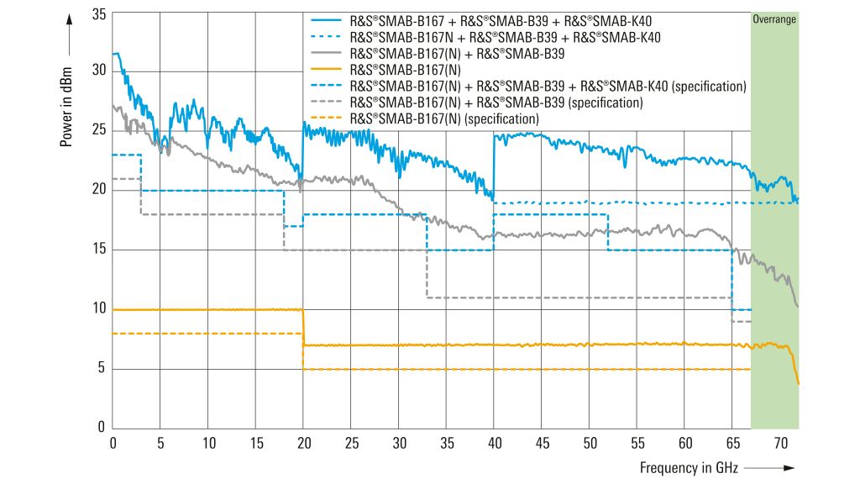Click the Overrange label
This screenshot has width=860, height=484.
(x=773, y=19)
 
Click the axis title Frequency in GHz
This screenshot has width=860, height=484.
(x=687, y=466)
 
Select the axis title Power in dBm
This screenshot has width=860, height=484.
(x=66, y=100)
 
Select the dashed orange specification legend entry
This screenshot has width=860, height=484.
(x=443, y=119)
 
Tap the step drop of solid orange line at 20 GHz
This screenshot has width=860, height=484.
(x=303, y=328)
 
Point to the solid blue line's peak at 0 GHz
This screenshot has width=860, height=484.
(x=115, y=54)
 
